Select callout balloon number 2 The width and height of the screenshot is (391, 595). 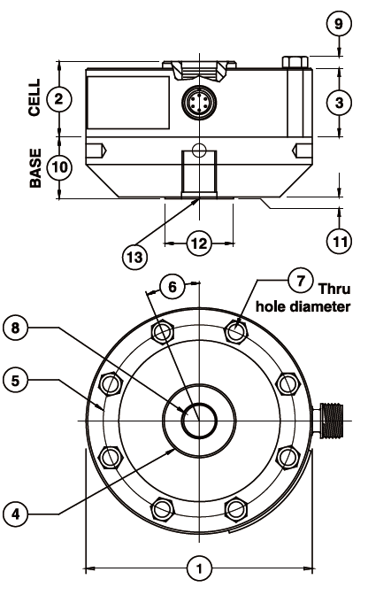pos(58,98)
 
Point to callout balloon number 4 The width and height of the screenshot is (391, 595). pos(15,512)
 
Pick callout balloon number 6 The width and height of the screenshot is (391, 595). pos(173,287)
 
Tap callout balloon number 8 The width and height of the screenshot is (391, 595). pos(15,327)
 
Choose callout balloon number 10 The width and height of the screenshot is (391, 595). pos(58,166)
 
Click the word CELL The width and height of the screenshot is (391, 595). pos(34,98)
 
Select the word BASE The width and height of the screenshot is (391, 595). pos(34,167)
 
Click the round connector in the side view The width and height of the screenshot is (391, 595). pos(195,104)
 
